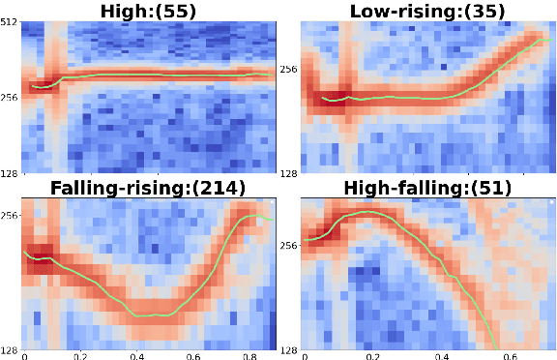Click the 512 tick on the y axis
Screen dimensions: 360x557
coord(10,24)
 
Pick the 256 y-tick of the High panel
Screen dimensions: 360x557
coord(10,98)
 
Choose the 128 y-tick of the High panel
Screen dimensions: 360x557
coord(10,171)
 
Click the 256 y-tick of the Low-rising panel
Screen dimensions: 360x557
coord(288,70)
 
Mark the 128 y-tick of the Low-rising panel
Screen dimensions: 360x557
coord(288,171)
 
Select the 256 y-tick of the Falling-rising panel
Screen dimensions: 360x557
coord(10,216)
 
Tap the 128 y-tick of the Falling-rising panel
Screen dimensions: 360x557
coord(10,349)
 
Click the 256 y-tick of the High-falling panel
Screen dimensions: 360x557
coord(288,246)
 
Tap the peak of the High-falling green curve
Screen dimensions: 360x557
coord(364,211)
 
